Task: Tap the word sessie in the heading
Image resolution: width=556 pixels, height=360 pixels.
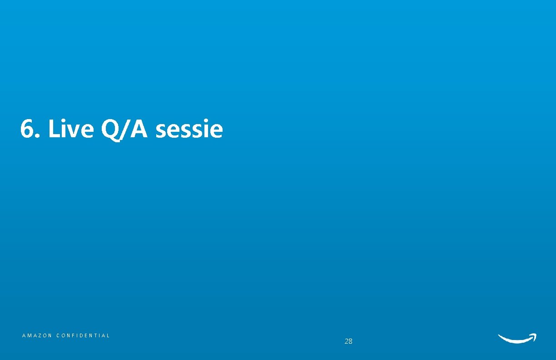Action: (189, 130)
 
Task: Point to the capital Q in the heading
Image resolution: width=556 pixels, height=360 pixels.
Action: (111, 130)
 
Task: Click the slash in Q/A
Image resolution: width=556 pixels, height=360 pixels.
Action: (126, 130)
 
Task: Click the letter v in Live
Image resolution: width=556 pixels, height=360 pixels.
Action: (73, 131)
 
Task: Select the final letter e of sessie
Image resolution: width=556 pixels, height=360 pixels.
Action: (217, 131)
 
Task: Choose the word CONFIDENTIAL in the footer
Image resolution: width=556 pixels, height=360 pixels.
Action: (83, 335)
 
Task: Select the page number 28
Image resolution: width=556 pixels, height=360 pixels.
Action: (348, 341)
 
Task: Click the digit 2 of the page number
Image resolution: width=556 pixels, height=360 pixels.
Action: (347, 341)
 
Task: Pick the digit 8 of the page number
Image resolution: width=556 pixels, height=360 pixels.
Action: (350, 341)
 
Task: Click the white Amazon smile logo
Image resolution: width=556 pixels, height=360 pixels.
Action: (517, 338)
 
